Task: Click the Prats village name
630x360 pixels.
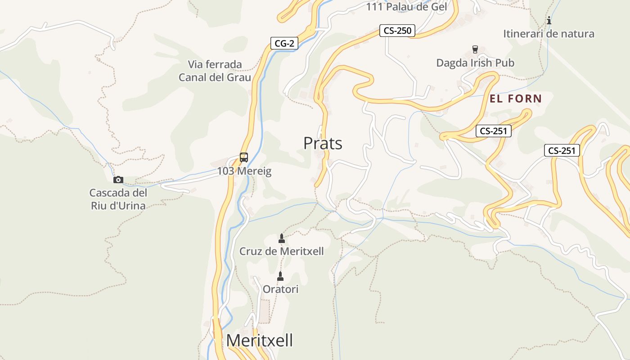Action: (323, 143)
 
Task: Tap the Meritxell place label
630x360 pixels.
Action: (259, 340)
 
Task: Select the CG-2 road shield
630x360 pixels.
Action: (285, 43)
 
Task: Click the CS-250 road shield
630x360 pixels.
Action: (397, 31)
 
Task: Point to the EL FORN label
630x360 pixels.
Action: (516, 99)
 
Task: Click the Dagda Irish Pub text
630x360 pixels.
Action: (475, 63)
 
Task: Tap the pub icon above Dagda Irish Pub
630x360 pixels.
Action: (475, 49)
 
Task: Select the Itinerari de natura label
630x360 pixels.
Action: (549, 34)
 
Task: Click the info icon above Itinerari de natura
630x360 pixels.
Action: (549, 20)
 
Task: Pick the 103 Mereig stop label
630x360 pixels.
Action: (244, 171)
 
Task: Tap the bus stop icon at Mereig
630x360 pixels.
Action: (244, 157)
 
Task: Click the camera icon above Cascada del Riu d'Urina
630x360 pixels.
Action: (118, 180)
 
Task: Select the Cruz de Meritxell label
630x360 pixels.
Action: (282, 251)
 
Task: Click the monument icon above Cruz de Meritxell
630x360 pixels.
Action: (282, 238)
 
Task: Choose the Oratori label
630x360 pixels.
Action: (280, 289)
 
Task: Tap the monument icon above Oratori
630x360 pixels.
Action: (280, 276)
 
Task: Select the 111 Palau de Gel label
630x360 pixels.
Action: (406, 7)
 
